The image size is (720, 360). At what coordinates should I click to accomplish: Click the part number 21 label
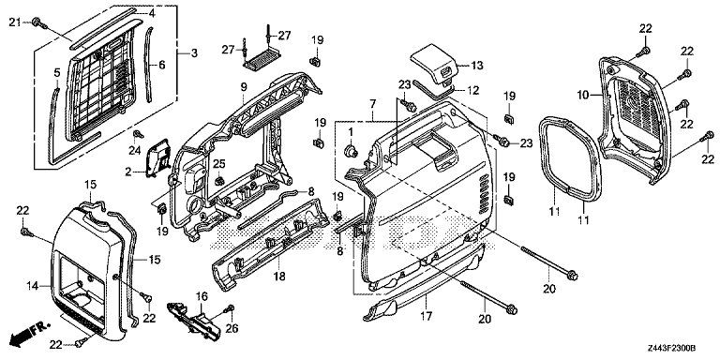click(x=16, y=22)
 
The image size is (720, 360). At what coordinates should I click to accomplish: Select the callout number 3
click(x=194, y=53)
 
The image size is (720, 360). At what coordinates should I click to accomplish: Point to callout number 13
click(x=477, y=66)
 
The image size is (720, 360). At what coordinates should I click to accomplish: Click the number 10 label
click(x=583, y=95)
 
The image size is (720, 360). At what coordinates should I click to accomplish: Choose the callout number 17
click(x=427, y=316)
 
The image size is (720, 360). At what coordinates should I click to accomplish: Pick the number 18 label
click(x=279, y=277)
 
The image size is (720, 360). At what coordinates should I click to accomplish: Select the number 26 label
click(x=232, y=328)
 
